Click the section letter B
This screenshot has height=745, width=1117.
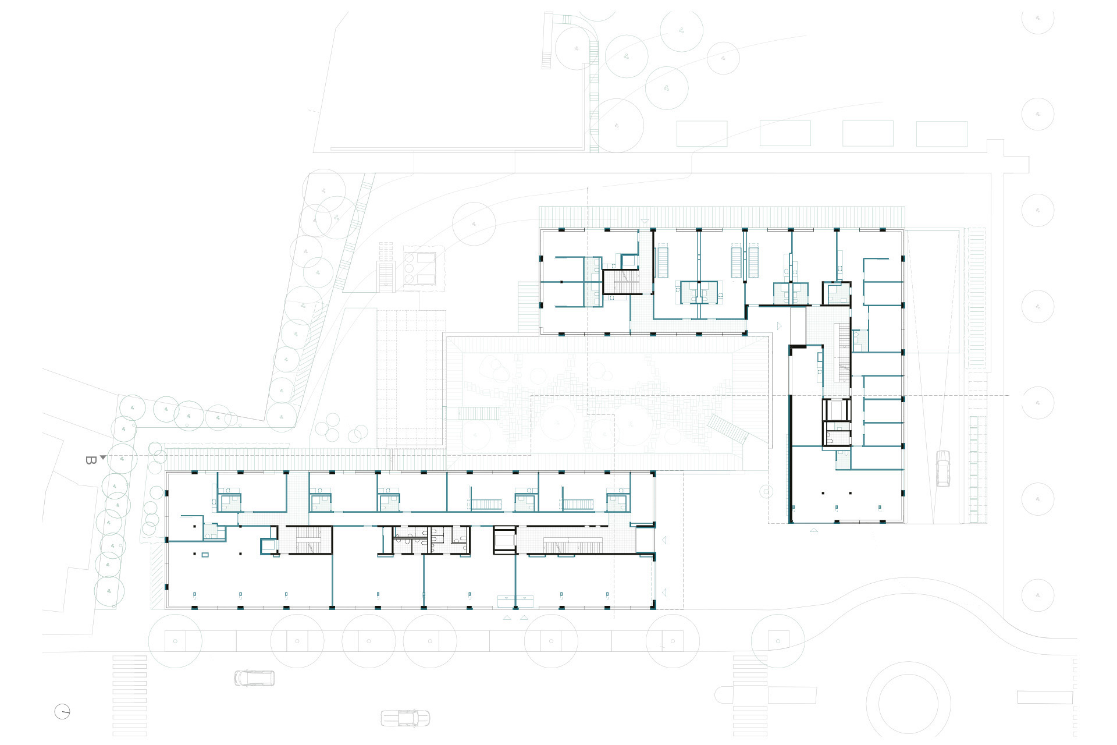90,460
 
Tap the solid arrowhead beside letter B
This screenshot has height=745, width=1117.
103,457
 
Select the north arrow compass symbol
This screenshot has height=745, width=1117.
62,712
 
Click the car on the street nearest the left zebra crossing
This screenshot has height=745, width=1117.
254,678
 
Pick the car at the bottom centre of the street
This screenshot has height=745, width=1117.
405,718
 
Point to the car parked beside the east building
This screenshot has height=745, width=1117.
942,469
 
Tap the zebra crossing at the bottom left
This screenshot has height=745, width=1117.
130,696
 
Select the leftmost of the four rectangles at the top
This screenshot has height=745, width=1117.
702,133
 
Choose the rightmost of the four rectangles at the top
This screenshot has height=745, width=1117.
941,133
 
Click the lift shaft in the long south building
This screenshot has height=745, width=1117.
504,540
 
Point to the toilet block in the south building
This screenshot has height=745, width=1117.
431,540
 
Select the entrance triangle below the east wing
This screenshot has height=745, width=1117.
814,530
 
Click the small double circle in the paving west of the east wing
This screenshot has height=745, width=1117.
767,492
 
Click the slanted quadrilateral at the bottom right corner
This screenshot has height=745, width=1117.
1044,697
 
